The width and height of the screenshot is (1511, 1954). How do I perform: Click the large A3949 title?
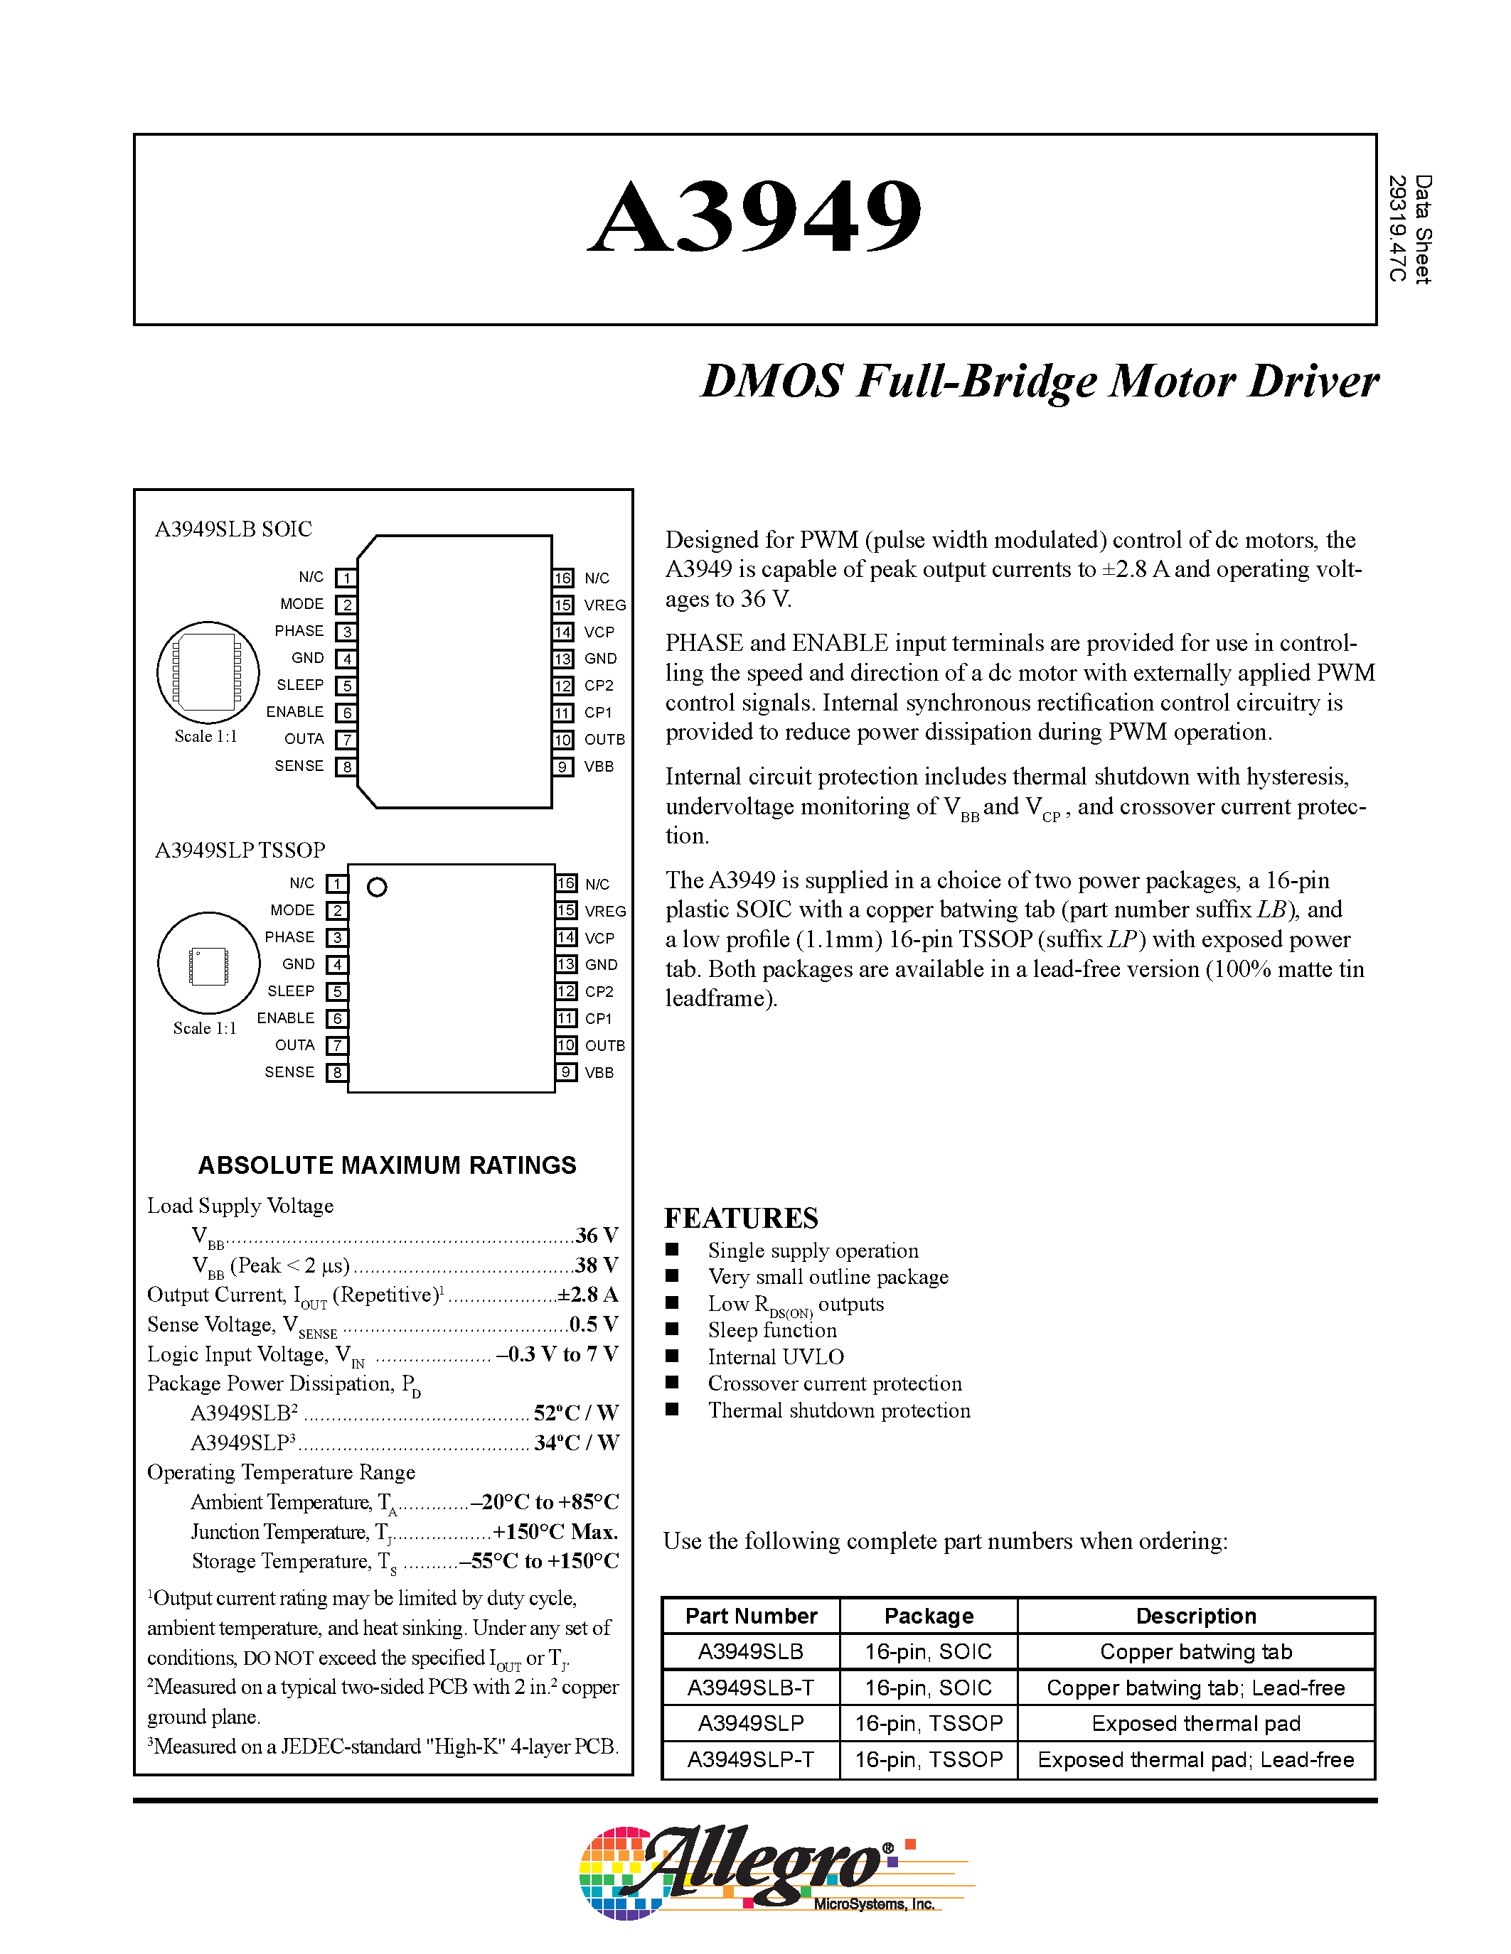coord(754,217)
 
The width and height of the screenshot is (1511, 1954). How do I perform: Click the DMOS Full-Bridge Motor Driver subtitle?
coord(1038,381)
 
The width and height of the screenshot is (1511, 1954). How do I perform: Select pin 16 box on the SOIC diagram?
coord(562,578)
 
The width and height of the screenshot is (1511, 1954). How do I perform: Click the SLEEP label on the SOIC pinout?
coord(300,684)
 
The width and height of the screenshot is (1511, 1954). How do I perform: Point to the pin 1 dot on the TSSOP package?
coord(377,887)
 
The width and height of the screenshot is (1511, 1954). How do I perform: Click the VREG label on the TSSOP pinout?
coord(605,911)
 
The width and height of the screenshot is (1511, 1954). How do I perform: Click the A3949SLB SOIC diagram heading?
coord(234,529)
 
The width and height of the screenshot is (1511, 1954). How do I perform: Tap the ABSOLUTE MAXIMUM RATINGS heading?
coord(387,1165)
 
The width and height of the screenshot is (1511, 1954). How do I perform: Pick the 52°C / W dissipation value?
coord(575,1413)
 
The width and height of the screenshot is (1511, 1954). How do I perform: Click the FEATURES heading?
coord(740,1218)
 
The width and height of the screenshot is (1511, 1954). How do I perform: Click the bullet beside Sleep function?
coord(672,1329)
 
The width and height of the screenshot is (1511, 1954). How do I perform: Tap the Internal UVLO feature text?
coord(775,1356)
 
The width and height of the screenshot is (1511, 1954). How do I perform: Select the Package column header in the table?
coord(928,1616)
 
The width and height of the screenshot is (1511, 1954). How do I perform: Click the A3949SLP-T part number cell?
coord(750,1759)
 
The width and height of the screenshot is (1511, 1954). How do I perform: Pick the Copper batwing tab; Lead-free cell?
coord(1195,1688)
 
